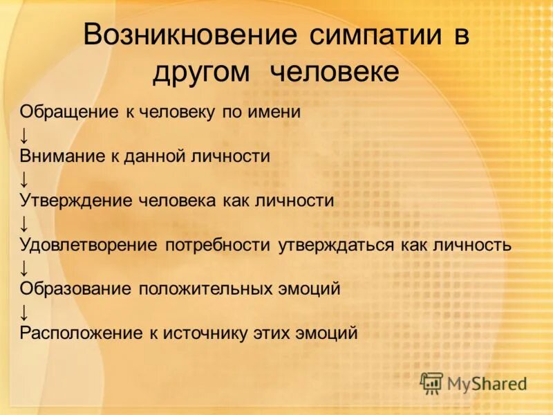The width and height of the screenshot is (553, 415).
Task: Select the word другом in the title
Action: (203, 72)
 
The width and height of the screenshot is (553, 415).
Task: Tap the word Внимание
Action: (60, 156)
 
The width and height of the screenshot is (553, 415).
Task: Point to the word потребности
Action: (220, 245)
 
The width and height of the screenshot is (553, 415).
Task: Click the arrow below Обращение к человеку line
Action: (24, 134)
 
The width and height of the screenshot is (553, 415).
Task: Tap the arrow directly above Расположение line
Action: (24, 311)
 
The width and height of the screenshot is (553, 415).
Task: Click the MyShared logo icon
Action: (432, 382)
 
